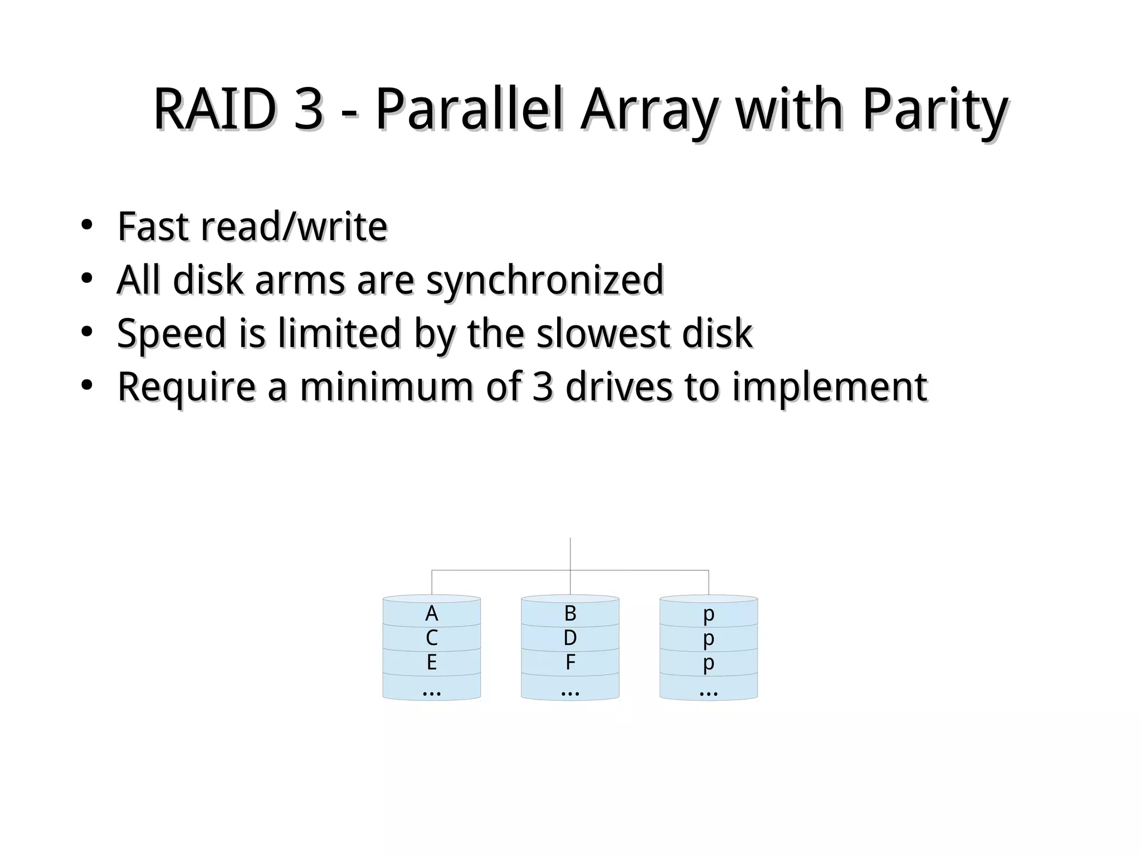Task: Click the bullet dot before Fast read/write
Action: pos(86,226)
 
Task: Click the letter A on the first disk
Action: pos(431,614)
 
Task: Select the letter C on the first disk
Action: pos(431,638)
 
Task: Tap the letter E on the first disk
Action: pos(431,663)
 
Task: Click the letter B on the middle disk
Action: pos(570,614)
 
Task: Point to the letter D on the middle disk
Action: pos(570,638)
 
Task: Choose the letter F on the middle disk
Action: pos(570,663)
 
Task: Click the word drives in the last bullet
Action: pos(618,387)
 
